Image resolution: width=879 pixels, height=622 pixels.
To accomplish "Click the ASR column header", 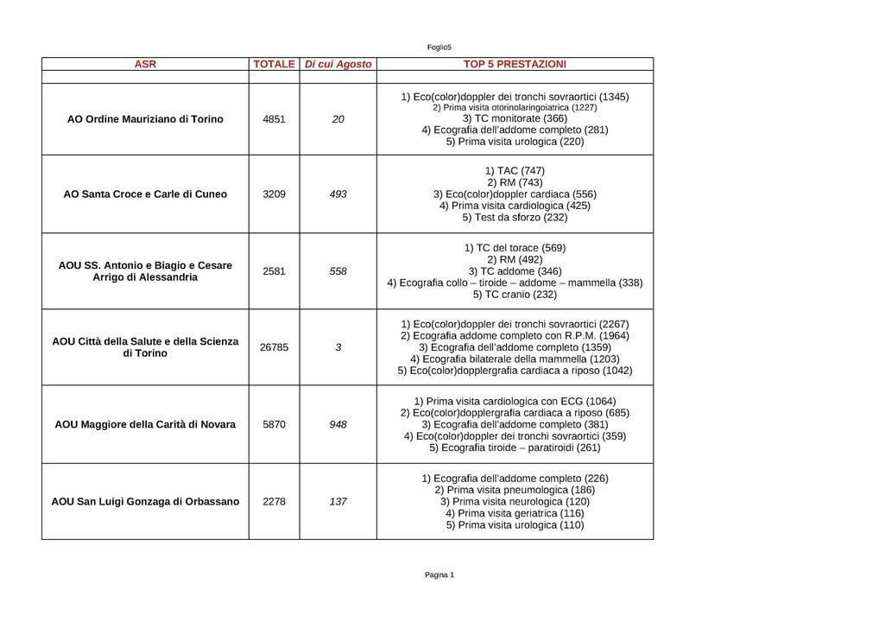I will (x=145, y=64).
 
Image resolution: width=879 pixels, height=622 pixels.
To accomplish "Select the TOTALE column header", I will (x=274, y=64).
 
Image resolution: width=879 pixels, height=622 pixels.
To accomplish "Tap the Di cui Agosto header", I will (x=338, y=64).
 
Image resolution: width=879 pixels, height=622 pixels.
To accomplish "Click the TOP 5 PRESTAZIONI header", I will (x=515, y=64).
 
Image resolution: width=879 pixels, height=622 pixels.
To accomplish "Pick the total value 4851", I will (x=274, y=119).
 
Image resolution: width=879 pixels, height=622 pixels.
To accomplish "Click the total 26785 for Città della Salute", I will (x=274, y=347).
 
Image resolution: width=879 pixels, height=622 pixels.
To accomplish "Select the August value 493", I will (x=338, y=194).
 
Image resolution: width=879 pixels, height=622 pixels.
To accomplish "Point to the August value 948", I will (x=338, y=425).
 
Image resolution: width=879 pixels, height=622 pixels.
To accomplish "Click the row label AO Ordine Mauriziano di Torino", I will (x=145, y=119).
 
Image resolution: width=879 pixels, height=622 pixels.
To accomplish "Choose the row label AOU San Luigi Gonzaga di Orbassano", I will (x=145, y=501).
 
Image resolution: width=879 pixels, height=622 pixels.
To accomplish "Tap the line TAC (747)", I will (x=515, y=171).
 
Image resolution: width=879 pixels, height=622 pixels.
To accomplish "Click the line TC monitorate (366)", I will (x=515, y=118).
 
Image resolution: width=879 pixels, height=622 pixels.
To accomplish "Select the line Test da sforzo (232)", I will (x=515, y=218).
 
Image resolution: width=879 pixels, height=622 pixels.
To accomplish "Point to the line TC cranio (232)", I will (x=515, y=295).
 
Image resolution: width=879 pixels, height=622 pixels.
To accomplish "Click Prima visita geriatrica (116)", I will (x=515, y=513).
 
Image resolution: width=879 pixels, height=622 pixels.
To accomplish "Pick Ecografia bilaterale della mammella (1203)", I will (x=515, y=359).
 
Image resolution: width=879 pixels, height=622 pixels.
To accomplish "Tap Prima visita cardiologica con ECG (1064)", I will (x=515, y=401).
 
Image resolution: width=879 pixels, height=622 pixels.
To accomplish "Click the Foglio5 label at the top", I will (x=439, y=47).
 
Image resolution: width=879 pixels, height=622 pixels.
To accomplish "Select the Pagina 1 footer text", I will (x=439, y=574).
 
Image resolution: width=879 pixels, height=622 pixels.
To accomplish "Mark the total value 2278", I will (x=274, y=501).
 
